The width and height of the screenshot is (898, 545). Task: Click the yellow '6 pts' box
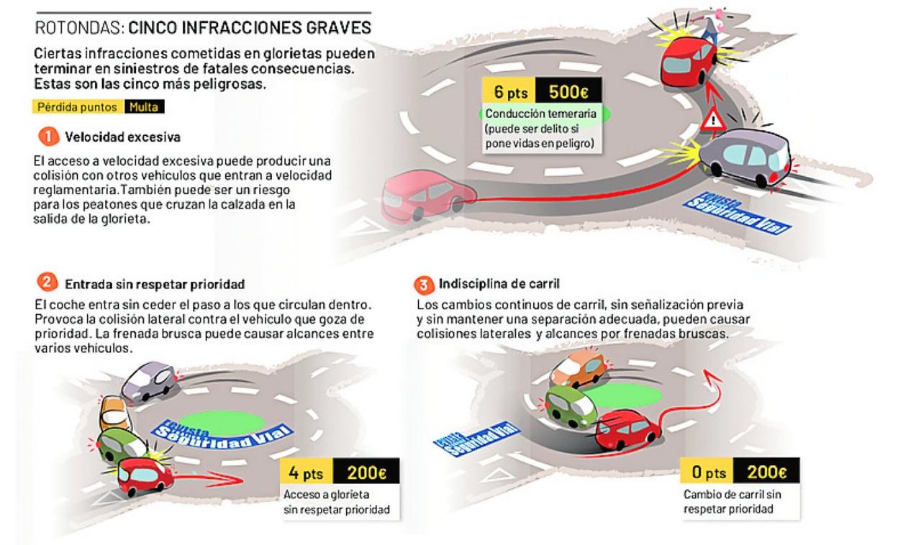509,93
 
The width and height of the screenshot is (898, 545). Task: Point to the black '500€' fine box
568,93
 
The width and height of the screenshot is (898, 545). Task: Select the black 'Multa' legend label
145,108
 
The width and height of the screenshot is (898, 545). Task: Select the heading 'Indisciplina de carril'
497,284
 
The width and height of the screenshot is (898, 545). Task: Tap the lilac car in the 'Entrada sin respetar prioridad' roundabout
149,380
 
